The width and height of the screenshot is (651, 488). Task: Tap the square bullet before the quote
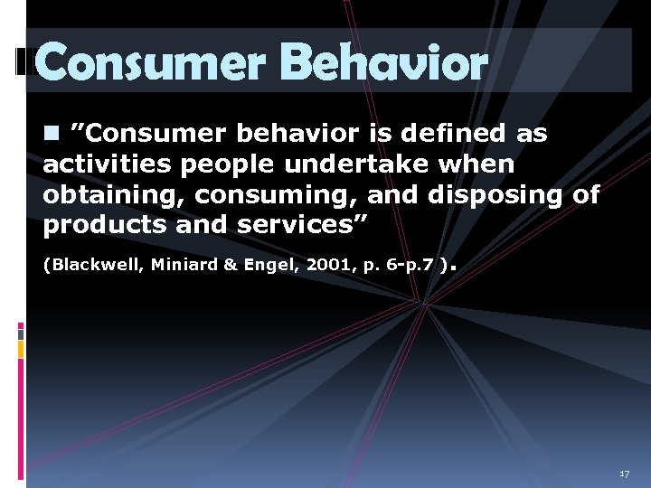point(51,133)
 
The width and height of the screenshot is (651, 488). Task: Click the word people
point(231,164)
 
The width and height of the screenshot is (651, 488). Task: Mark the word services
point(293,225)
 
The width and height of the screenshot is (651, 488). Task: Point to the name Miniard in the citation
point(182,265)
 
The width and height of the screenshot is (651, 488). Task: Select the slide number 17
point(624,474)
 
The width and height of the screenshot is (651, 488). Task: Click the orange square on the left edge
point(21,347)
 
